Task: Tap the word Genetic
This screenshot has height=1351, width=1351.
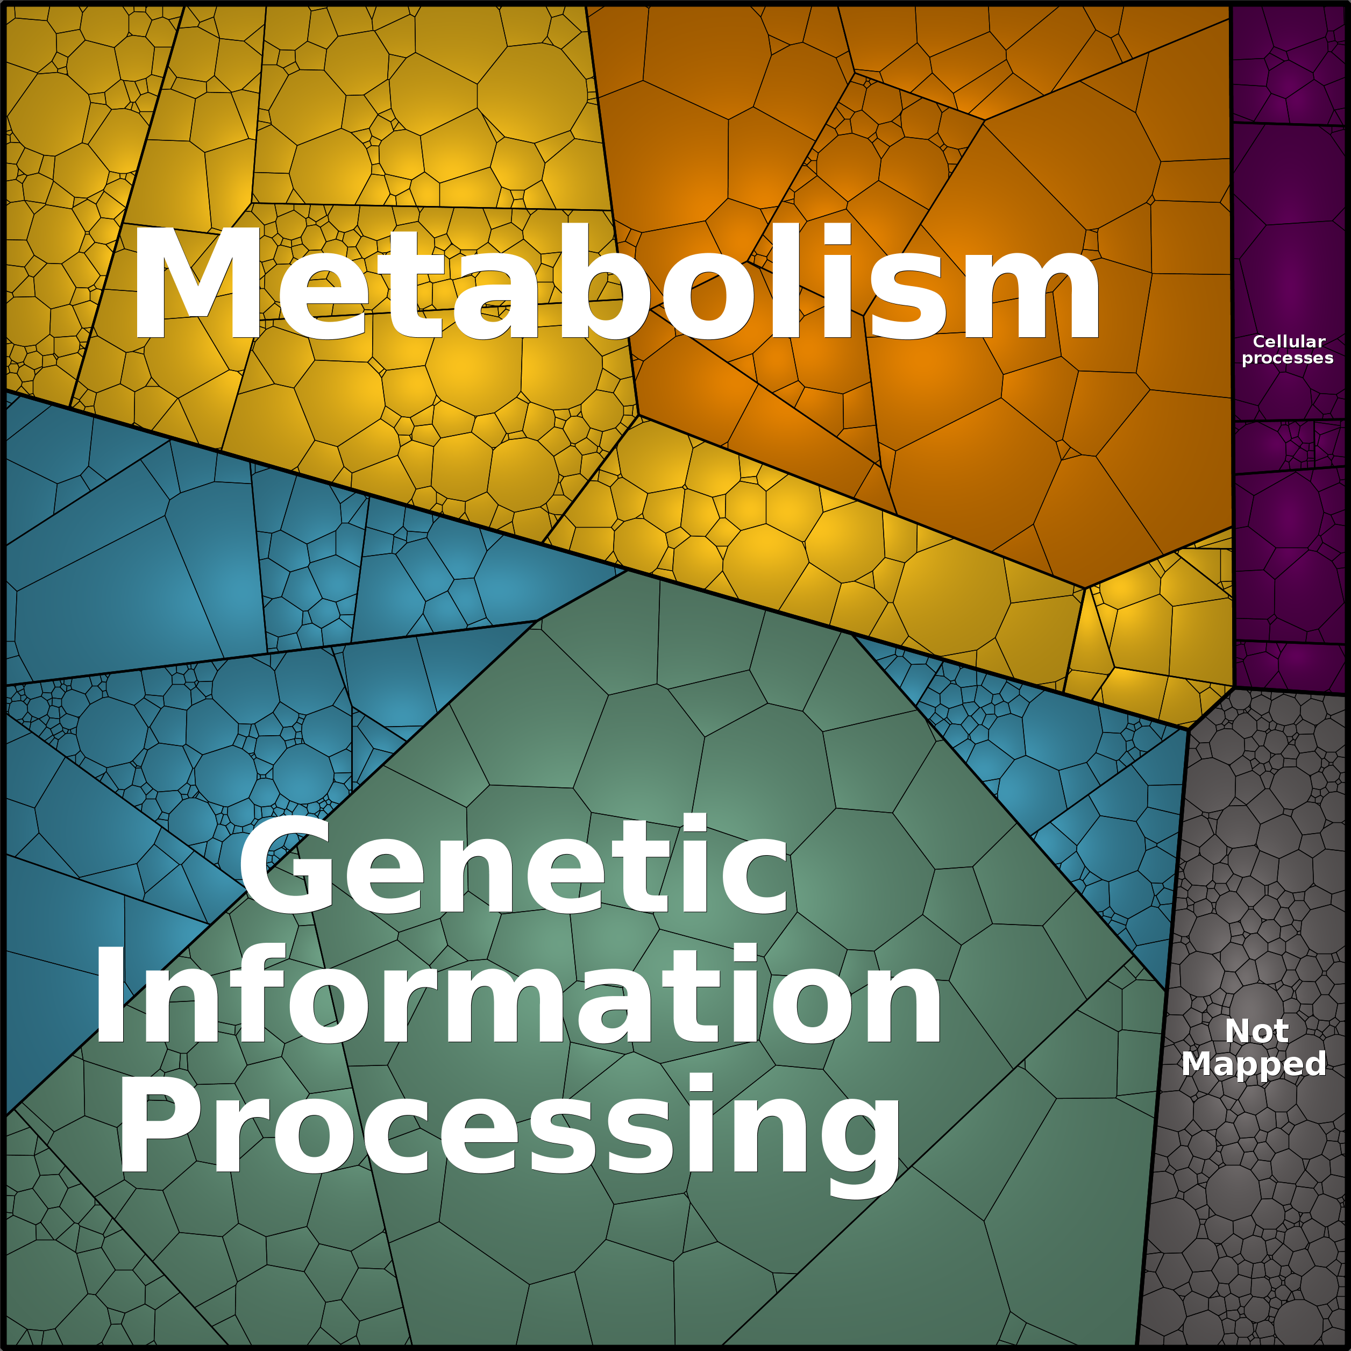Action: (515, 864)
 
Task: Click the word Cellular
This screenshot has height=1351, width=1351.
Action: (1289, 342)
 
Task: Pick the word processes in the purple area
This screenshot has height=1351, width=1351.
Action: (1288, 358)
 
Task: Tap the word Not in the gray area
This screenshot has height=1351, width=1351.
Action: (1256, 1031)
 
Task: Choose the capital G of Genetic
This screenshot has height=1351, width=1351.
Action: (288, 864)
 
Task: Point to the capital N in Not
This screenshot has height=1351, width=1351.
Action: (1239, 1031)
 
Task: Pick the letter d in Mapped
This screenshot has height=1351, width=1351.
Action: (1312, 1063)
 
